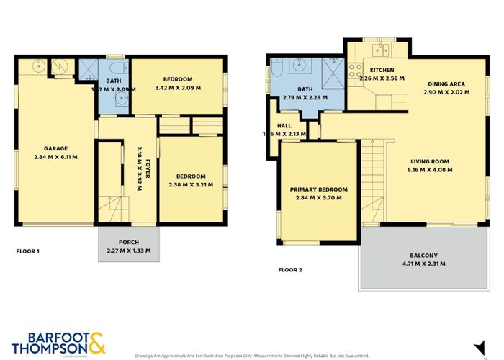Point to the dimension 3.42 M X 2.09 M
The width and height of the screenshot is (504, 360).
(x=178, y=88)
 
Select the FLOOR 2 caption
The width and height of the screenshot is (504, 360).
(x=290, y=271)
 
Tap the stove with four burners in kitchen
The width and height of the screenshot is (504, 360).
(x=354, y=71)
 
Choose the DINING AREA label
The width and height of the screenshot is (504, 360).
(x=446, y=84)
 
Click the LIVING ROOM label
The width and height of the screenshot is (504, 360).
(x=430, y=161)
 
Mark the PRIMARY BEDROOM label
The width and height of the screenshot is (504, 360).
(x=318, y=189)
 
